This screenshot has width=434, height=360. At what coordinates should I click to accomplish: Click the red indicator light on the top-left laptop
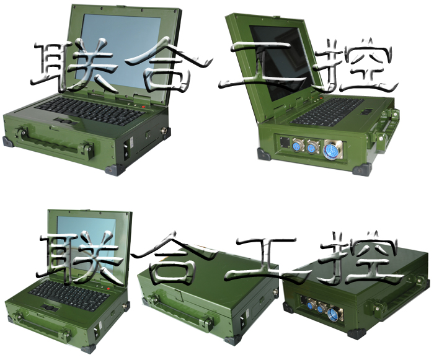tap(143, 107)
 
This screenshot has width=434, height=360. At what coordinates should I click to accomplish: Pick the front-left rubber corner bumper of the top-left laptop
tap(7, 142)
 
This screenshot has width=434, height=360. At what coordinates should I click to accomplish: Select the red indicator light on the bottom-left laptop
tap(108, 289)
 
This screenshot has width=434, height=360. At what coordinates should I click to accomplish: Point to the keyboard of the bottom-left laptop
tap(69, 295)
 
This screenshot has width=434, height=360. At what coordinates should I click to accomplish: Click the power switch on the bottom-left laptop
tap(98, 332)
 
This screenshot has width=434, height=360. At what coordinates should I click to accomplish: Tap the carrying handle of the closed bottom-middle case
tap(180, 310)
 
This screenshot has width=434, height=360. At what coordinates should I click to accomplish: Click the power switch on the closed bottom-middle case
tap(244, 322)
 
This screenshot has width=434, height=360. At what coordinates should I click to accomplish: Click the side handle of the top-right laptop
tap(387, 130)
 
